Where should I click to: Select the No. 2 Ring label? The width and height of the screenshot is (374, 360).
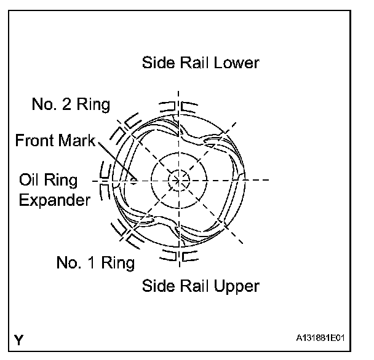71,104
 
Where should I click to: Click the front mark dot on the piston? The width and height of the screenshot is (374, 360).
132,180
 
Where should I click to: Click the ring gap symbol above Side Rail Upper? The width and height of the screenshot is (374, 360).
178,254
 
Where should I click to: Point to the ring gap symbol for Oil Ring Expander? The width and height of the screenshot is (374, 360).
105,180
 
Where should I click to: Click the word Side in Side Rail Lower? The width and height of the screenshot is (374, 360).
156,63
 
